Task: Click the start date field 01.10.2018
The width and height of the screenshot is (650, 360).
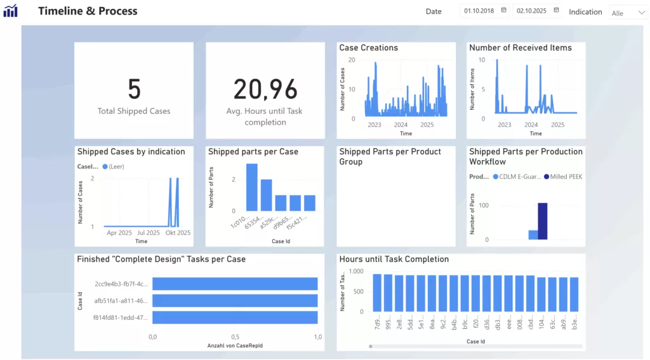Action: (x=479, y=11)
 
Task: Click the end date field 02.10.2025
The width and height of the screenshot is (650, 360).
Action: (x=532, y=11)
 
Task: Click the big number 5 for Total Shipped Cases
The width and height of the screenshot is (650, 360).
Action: (x=134, y=90)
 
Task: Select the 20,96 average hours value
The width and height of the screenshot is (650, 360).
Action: (x=265, y=90)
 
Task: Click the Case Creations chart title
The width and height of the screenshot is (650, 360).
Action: (x=368, y=48)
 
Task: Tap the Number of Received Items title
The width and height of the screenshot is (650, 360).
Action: (x=520, y=48)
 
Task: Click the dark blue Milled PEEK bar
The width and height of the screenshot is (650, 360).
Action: (x=543, y=221)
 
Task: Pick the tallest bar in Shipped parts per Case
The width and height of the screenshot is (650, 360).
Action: (x=252, y=187)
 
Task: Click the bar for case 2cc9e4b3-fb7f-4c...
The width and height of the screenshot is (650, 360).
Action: (x=234, y=284)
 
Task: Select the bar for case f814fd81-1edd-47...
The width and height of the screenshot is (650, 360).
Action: (x=234, y=317)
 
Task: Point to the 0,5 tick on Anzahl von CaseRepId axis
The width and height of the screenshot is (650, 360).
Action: (x=235, y=337)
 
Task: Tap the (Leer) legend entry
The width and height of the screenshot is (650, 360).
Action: (x=115, y=166)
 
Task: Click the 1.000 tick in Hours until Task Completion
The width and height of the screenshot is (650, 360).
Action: (x=355, y=271)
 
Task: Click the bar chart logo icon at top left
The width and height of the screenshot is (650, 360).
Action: (x=10, y=11)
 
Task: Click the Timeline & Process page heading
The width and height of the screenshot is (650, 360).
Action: (x=88, y=11)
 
